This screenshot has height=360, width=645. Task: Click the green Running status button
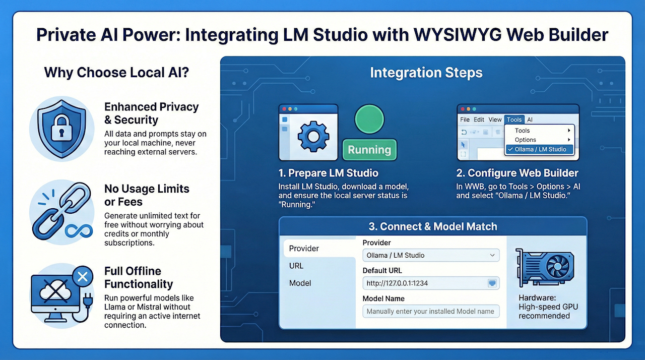369,150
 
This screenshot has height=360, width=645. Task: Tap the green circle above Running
369,119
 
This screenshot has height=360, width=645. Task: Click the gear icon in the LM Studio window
313,137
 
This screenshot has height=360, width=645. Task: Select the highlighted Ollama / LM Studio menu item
540,149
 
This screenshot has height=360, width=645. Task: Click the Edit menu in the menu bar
479,119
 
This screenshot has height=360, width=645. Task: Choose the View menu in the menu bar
495,119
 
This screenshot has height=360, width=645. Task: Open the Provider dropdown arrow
492,255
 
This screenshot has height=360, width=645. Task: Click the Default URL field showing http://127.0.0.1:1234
431,283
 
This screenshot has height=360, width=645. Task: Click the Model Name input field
431,311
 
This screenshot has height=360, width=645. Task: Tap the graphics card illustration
545,268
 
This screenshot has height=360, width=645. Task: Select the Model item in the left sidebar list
300,283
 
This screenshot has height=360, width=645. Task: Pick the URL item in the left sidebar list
296,266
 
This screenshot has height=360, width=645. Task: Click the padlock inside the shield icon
61,128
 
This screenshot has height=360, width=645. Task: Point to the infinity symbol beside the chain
78,231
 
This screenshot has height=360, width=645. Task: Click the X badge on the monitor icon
83,277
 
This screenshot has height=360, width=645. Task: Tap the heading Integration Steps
426,73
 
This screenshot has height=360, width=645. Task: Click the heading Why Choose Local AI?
116,72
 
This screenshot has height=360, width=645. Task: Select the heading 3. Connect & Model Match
433,226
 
